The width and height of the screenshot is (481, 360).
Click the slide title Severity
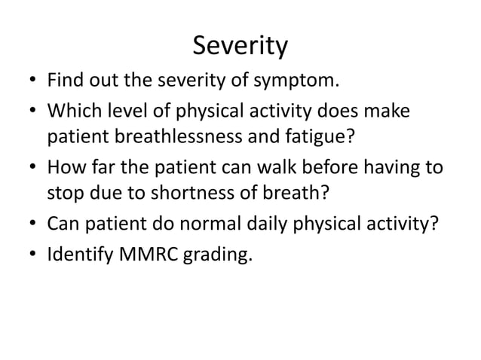click(x=240, y=47)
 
